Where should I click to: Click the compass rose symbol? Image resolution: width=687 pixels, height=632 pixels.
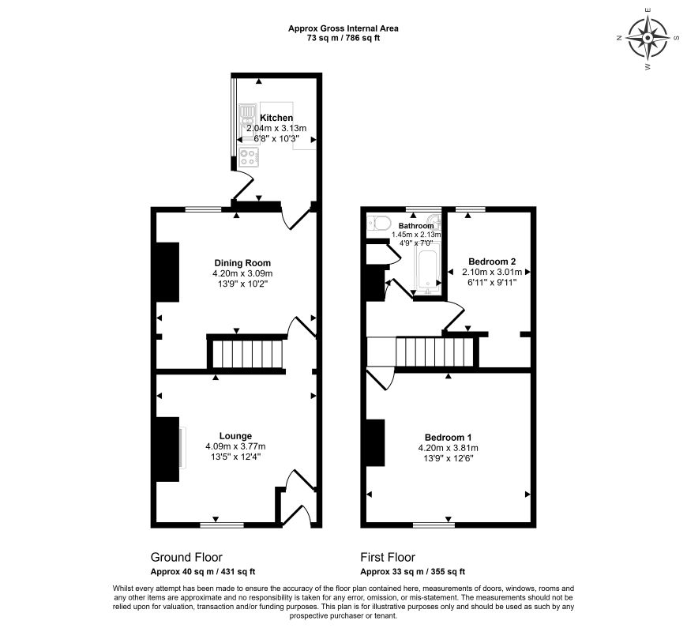coord(648,38)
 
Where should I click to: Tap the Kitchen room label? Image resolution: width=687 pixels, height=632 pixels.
coord(276,118)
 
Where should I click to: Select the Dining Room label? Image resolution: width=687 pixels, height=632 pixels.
coord(242,263)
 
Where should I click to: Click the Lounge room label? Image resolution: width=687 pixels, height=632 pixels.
coord(236,435)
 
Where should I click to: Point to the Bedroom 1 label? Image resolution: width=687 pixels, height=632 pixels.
coord(449,438)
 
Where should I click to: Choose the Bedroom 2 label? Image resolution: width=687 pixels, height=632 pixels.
coord(492,261)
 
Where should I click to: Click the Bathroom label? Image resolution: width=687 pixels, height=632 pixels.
coord(416,226)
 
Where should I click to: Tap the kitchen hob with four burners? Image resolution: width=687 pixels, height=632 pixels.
coord(249,158)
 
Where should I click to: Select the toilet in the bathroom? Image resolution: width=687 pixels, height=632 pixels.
coord(379,224)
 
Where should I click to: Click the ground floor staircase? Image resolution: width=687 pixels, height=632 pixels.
coord(246,354)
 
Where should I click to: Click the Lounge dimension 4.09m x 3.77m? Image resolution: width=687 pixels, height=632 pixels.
coord(236,446)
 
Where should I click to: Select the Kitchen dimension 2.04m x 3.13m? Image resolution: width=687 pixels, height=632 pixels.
coord(276,129)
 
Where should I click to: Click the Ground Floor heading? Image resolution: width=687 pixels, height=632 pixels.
coord(186,558)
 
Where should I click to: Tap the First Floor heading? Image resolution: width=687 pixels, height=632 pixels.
coord(388,558)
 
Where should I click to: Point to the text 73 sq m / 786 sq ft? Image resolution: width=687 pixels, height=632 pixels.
coord(343,38)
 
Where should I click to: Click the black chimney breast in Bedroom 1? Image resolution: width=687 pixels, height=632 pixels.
coord(376,442)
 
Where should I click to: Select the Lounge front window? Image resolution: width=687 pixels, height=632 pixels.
coord(222,525)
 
